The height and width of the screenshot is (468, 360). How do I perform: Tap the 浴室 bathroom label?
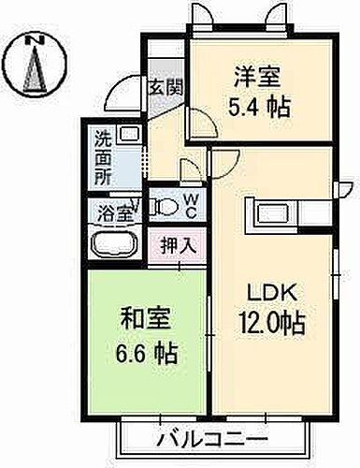111,212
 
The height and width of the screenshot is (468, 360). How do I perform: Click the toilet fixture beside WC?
164,206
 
